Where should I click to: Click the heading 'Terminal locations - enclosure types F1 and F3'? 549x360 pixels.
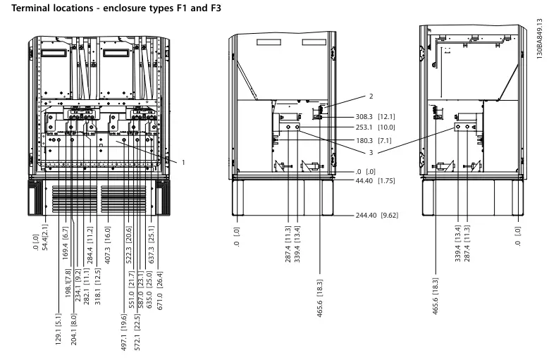(x=116, y=8)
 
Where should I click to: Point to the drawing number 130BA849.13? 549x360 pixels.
(x=539, y=39)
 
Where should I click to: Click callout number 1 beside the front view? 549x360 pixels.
(x=183, y=162)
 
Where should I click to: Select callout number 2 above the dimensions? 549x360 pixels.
(x=371, y=97)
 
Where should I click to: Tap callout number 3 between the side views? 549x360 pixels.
(x=371, y=153)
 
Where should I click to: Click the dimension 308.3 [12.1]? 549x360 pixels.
(x=376, y=117)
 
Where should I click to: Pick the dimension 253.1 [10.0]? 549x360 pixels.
(x=376, y=128)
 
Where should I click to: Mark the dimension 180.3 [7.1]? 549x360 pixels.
(x=374, y=141)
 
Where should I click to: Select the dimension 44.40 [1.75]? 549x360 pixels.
(x=376, y=181)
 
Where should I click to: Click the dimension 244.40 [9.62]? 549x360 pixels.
(x=377, y=215)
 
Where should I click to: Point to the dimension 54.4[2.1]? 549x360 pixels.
(x=44, y=238)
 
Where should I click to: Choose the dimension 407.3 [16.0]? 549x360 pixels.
(x=108, y=245)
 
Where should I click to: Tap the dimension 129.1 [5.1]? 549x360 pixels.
(x=58, y=329)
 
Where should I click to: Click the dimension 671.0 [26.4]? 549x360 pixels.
(x=160, y=291)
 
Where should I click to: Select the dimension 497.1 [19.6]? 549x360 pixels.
(x=123, y=333)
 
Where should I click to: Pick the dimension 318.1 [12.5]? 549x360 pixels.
(x=98, y=287)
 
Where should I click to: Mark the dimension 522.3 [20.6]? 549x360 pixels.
(x=128, y=245)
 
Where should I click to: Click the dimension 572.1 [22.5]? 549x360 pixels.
(x=137, y=333)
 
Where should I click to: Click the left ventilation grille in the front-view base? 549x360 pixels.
(x=75, y=199)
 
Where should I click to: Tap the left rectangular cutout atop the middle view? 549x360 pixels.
(x=269, y=42)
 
